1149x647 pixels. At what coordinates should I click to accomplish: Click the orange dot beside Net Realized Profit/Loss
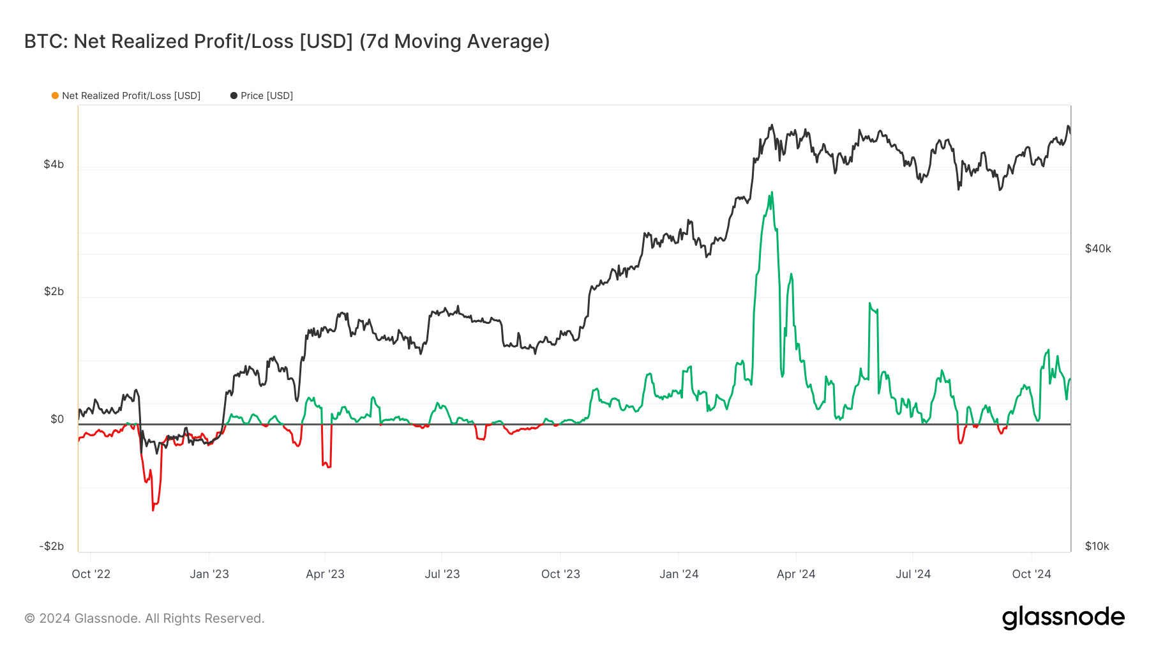tap(56, 96)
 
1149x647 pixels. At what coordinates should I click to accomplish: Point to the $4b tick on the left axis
tap(54, 164)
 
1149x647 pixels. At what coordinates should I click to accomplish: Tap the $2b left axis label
tap(54, 291)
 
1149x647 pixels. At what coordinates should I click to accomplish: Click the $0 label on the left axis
tap(57, 419)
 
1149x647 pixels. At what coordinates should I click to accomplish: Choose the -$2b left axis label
tap(52, 546)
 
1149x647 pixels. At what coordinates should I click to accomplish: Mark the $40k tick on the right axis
tap(1098, 248)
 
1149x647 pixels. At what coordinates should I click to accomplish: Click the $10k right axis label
tap(1097, 546)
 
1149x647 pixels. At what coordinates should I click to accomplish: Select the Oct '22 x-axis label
tap(91, 574)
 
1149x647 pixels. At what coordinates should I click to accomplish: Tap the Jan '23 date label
tap(209, 574)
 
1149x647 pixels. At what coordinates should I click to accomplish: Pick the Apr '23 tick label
tap(325, 574)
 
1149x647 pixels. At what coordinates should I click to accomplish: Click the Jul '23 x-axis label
tap(442, 574)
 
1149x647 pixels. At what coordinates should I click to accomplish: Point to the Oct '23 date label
tap(560, 574)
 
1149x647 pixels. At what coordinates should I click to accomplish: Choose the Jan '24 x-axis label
tap(679, 574)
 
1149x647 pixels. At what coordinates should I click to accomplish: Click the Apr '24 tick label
tap(796, 574)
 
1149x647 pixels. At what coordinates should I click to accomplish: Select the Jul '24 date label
tap(913, 574)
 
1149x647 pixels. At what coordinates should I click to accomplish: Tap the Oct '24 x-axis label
tap(1032, 574)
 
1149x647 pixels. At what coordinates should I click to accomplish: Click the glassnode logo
tap(1063, 618)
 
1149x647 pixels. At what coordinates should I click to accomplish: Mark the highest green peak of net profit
tap(772, 192)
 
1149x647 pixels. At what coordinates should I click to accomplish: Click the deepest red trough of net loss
tap(153, 510)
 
